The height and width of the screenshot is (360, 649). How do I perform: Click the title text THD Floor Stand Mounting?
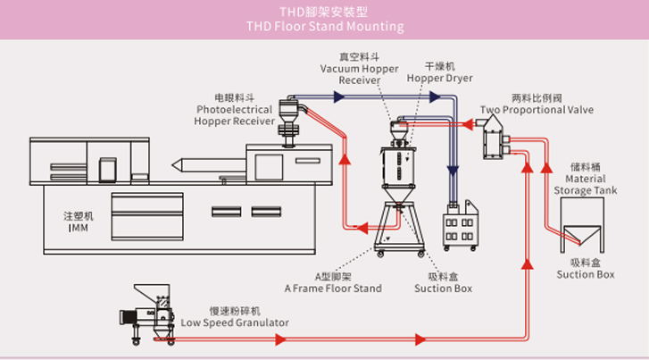[x=324, y=27]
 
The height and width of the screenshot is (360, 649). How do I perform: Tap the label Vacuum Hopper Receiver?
[x=360, y=69]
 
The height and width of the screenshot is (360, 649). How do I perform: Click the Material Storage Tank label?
[x=587, y=183]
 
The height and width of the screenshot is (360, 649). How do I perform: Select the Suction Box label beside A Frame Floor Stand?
[x=444, y=282]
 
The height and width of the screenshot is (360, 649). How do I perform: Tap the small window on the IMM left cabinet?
[x=108, y=169]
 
